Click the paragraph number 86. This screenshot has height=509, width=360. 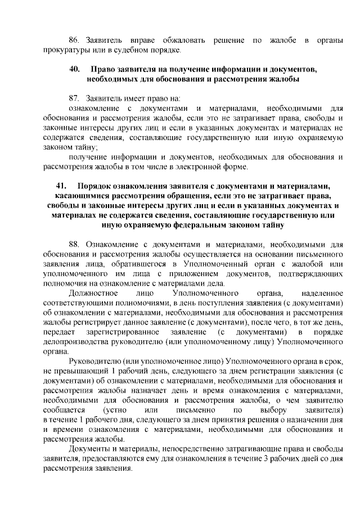pos(74,41)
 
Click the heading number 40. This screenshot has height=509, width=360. pos(74,70)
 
